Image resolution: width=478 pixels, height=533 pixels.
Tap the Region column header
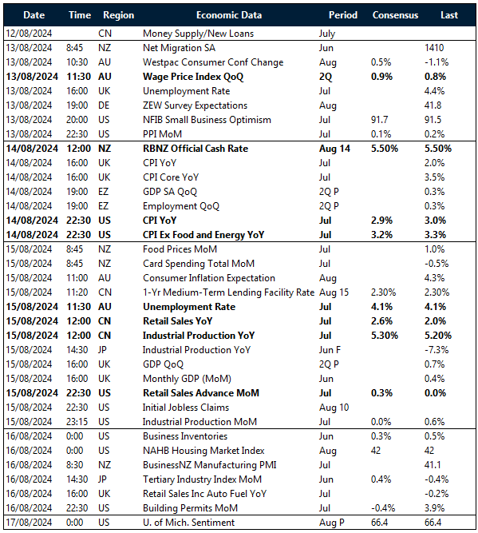(x=118, y=15)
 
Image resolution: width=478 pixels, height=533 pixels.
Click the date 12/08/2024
(x=31, y=34)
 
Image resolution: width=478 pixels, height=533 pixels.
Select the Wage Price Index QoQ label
(x=193, y=77)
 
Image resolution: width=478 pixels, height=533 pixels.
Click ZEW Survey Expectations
(x=195, y=105)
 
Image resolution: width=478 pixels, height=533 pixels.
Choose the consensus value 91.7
(x=381, y=120)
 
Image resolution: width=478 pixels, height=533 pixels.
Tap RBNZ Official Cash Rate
(x=196, y=149)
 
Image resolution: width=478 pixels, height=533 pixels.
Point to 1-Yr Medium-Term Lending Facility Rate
(x=228, y=292)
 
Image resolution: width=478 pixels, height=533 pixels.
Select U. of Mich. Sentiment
(x=188, y=523)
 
